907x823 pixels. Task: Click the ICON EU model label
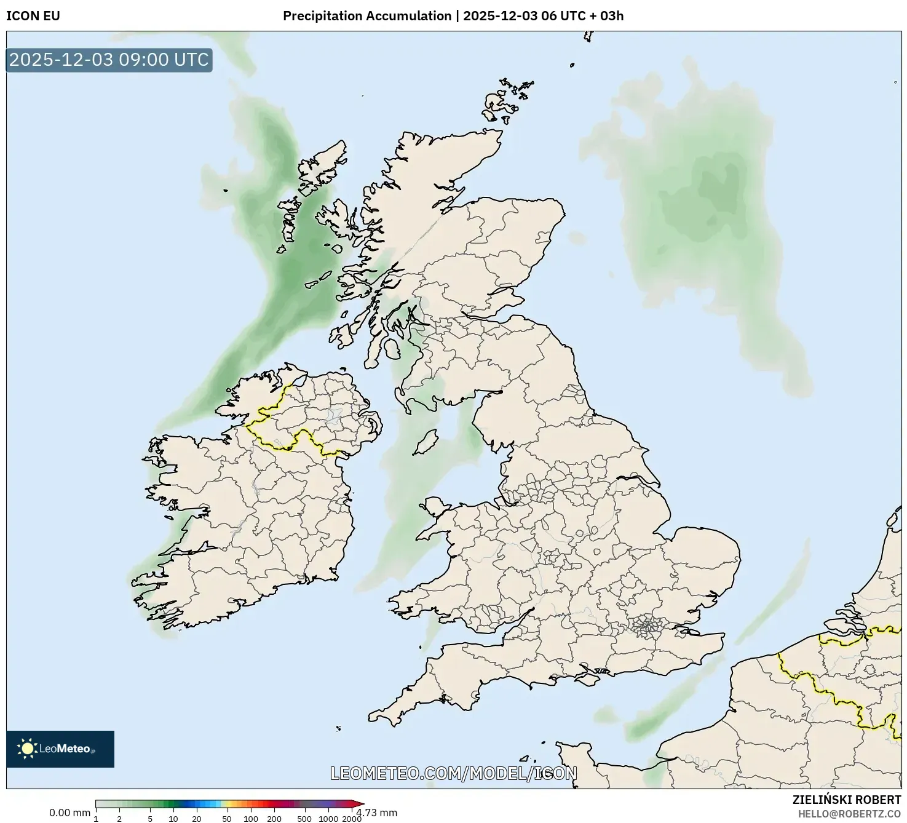[33, 16]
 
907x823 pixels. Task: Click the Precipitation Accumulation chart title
[453, 16]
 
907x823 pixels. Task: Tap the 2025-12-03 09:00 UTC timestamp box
[109, 60]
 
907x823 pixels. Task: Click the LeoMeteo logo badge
[60, 749]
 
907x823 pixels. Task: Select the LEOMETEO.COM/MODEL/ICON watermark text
[453, 773]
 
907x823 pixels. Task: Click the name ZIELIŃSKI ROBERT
[846, 800]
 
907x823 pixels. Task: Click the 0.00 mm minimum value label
[69, 813]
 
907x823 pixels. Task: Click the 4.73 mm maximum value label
[378, 813]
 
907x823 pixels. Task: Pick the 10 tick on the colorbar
[173, 818]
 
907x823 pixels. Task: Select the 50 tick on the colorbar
[227, 818]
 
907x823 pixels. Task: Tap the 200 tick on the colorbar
[274, 818]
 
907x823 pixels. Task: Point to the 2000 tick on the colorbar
[352, 818]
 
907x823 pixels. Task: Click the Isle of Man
[425, 442]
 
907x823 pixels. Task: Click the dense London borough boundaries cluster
[646, 627]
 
